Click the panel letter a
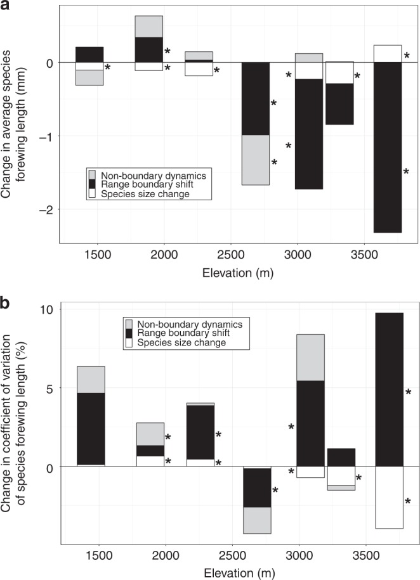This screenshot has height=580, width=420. [x=6, y=8]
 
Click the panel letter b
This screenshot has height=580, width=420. [x=6, y=303]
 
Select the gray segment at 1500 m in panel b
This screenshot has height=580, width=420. [x=91, y=379]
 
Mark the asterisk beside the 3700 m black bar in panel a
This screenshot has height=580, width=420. [x=406, y=172]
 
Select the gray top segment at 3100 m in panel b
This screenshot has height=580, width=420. [x=310, y=357]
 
